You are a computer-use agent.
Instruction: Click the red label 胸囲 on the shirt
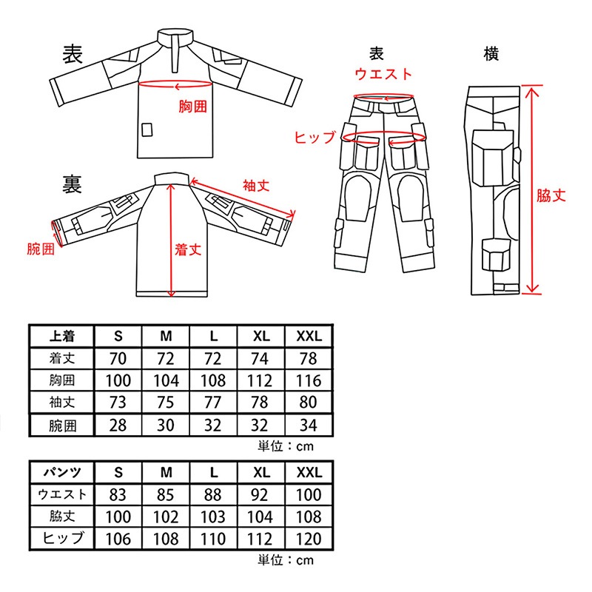click(193, 107)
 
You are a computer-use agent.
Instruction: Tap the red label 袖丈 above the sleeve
click(256, 186)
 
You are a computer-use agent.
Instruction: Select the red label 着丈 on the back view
click(188, 249)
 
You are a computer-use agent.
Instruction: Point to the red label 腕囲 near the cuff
click(41, 249)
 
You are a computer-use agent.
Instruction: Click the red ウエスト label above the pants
click(383, 73)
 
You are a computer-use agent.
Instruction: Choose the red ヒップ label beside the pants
click(314, 137)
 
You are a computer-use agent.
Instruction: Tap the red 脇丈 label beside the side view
click(551, 195)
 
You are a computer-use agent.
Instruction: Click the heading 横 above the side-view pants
click(491, 53)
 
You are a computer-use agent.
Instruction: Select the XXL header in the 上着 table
click(309, 336)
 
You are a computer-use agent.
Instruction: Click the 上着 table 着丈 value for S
click(118, 358)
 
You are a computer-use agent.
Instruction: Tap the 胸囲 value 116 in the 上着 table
click(309, 380)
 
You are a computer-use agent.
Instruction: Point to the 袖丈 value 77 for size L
click(213, 402)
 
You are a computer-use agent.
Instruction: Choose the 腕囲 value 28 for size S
click(118, 425)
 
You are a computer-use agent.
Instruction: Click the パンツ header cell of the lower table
click(62, 472)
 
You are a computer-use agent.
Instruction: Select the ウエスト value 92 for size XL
click(260, 494)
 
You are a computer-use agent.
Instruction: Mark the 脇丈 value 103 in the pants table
click(213, 517)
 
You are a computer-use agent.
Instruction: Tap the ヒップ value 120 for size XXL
click(309, 539)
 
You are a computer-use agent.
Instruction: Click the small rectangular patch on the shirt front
click(147, 129)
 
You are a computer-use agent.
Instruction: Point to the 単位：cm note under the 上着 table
click(286, 446)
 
